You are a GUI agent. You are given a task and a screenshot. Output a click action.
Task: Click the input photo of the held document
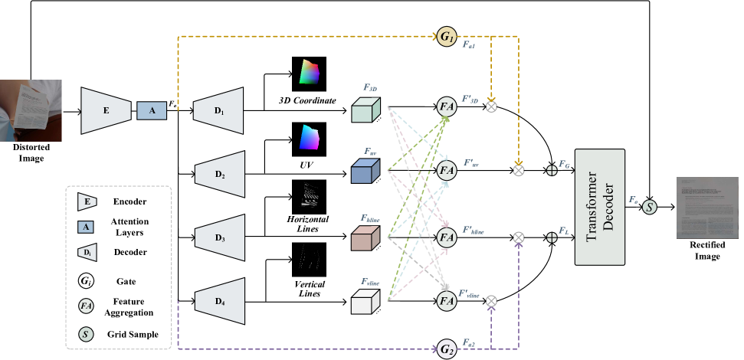click(28, 111)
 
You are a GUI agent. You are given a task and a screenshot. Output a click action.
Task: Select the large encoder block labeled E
click(106, 110)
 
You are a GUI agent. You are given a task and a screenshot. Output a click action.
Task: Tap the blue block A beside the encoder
click(152, 111)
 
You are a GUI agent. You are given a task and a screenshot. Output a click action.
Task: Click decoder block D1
click(218, 110)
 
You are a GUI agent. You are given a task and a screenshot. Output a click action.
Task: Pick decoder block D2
click(220, 174)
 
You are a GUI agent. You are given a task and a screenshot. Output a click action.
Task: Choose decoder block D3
click(220, 237)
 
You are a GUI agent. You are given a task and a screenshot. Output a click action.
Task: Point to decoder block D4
click(220, 301)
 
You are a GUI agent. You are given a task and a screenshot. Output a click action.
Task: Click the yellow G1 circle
click(447, 36)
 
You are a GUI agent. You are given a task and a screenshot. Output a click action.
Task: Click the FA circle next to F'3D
click(447, 106)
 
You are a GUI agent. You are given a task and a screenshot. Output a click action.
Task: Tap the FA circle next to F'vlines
click(447, 301)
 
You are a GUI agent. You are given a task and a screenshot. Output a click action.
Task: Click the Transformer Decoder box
click(600, 208)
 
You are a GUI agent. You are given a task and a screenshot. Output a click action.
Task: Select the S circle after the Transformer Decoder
click(649, 207)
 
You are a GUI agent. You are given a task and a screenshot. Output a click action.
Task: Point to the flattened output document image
click(708, 207)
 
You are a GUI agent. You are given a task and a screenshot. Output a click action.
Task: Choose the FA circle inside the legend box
click(87, 306)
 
